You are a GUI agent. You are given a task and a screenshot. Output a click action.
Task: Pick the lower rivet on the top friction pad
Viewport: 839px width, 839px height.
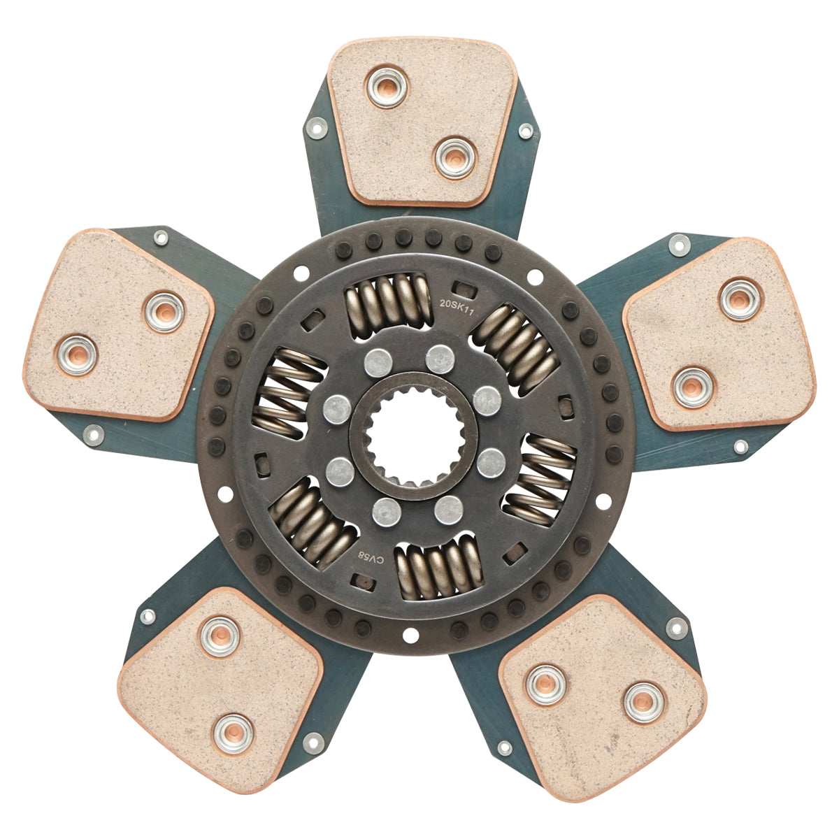[454, 157]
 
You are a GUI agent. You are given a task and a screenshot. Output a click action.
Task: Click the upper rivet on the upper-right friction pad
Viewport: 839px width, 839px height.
[740, 299]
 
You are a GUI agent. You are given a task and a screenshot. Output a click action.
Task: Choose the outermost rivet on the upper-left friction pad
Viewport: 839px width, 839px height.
[77, 354]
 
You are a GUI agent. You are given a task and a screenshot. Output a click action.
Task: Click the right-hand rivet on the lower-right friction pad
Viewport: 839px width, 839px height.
[643, 702]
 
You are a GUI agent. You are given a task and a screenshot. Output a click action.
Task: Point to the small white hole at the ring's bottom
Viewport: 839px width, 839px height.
[410, 636]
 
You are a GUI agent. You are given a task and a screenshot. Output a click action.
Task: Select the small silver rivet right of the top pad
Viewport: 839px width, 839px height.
[526, 131]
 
